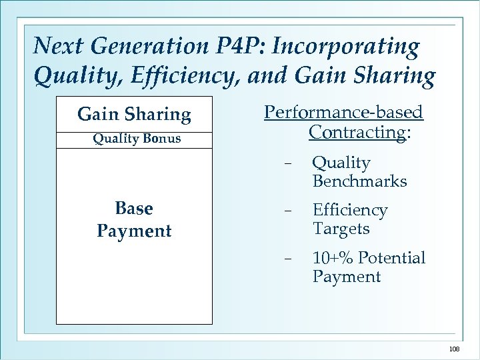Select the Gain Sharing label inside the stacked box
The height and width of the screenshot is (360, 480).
pyautogui.click(x=134, y=115)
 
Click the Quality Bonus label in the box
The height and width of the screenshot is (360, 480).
pyautogui.click(x=137, y=139)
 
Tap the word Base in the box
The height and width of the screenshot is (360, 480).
pyautogui.click(x=134, y=209)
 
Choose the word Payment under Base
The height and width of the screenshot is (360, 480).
pyautogui.click(x=134, y=231)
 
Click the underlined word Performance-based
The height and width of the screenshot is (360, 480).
pyautogui.click(x=343, y=111)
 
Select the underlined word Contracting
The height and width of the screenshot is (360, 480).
pyautogui.click(x=357, y=132)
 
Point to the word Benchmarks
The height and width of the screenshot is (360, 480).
pyautogui.click(x=359, y=181)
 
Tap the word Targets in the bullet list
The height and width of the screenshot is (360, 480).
pyautogui.click(x=341, y=229)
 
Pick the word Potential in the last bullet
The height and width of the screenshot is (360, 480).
pyautogui.click(x=392, y=258)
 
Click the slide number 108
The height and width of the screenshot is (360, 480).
pyautogui.click(x=453, y=348)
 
